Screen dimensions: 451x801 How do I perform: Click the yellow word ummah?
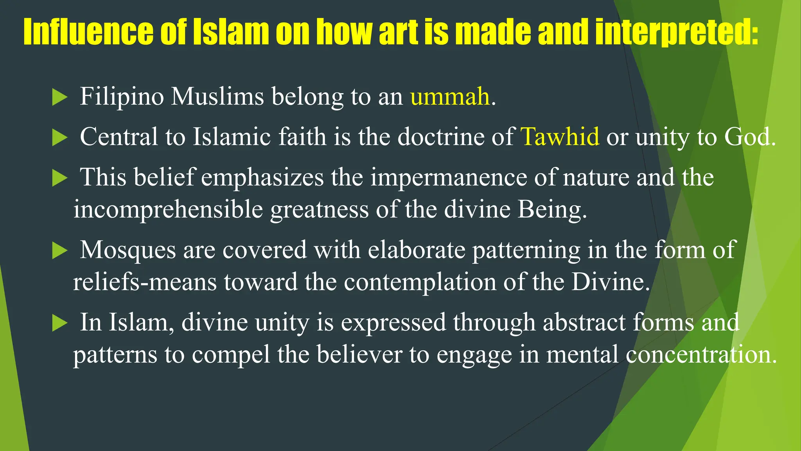coord(450,97)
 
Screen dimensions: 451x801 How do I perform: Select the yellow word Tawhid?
coord(560,137)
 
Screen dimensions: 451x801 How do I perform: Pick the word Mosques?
coord(128,250)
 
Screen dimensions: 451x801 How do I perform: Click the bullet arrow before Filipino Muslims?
coord(59,97)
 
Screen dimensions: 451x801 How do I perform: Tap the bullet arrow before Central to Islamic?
coord(59,137)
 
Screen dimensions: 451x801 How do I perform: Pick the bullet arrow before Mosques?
coord(59,250)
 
